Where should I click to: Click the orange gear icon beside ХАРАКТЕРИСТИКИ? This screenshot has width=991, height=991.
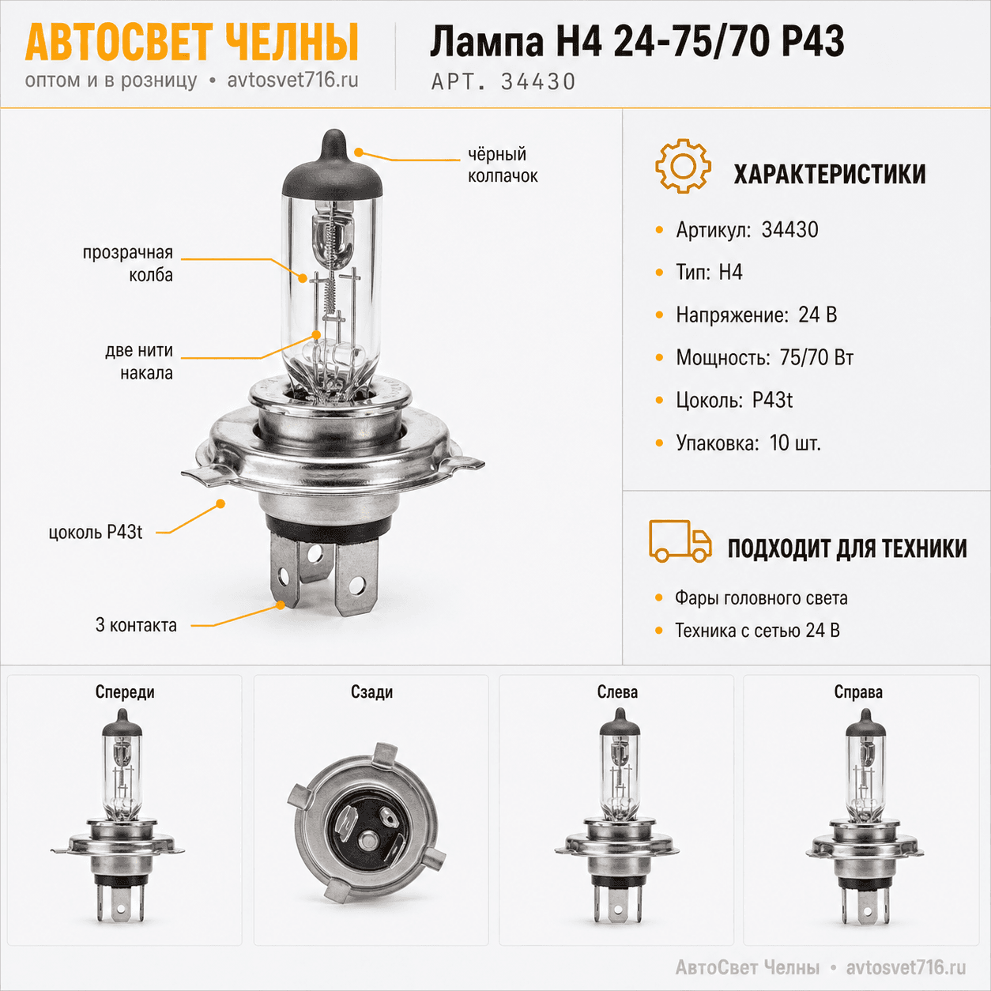(x=683, y=166)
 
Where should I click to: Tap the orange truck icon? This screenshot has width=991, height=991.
(x=680, y=541)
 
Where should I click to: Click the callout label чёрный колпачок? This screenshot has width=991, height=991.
(x=503, y=165)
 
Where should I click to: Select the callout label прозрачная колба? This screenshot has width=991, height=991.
(x=127, y=264)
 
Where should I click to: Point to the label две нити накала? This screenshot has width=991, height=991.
(x=139, y=361)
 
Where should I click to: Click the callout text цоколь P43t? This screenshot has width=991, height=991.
(x=96, y=533)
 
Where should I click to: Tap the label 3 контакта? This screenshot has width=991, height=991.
(x=136, y=625)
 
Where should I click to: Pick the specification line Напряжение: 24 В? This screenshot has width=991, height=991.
(x=756, y=315)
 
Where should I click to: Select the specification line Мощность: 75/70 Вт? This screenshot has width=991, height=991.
(x=765, y=357)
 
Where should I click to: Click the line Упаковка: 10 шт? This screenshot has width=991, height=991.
(x=748, y=443)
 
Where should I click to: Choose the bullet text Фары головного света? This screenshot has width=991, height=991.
(x=761, y=598)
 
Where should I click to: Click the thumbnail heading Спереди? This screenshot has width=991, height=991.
(x=125, y=692)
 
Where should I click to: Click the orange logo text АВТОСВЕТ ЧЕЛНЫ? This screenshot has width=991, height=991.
(x=191, y=42)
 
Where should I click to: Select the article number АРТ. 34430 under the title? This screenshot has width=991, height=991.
(x=503, y=81)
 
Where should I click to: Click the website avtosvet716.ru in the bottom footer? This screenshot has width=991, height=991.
(x=906, y=967)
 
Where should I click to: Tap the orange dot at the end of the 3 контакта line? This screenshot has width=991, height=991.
(x=281, y=605)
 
